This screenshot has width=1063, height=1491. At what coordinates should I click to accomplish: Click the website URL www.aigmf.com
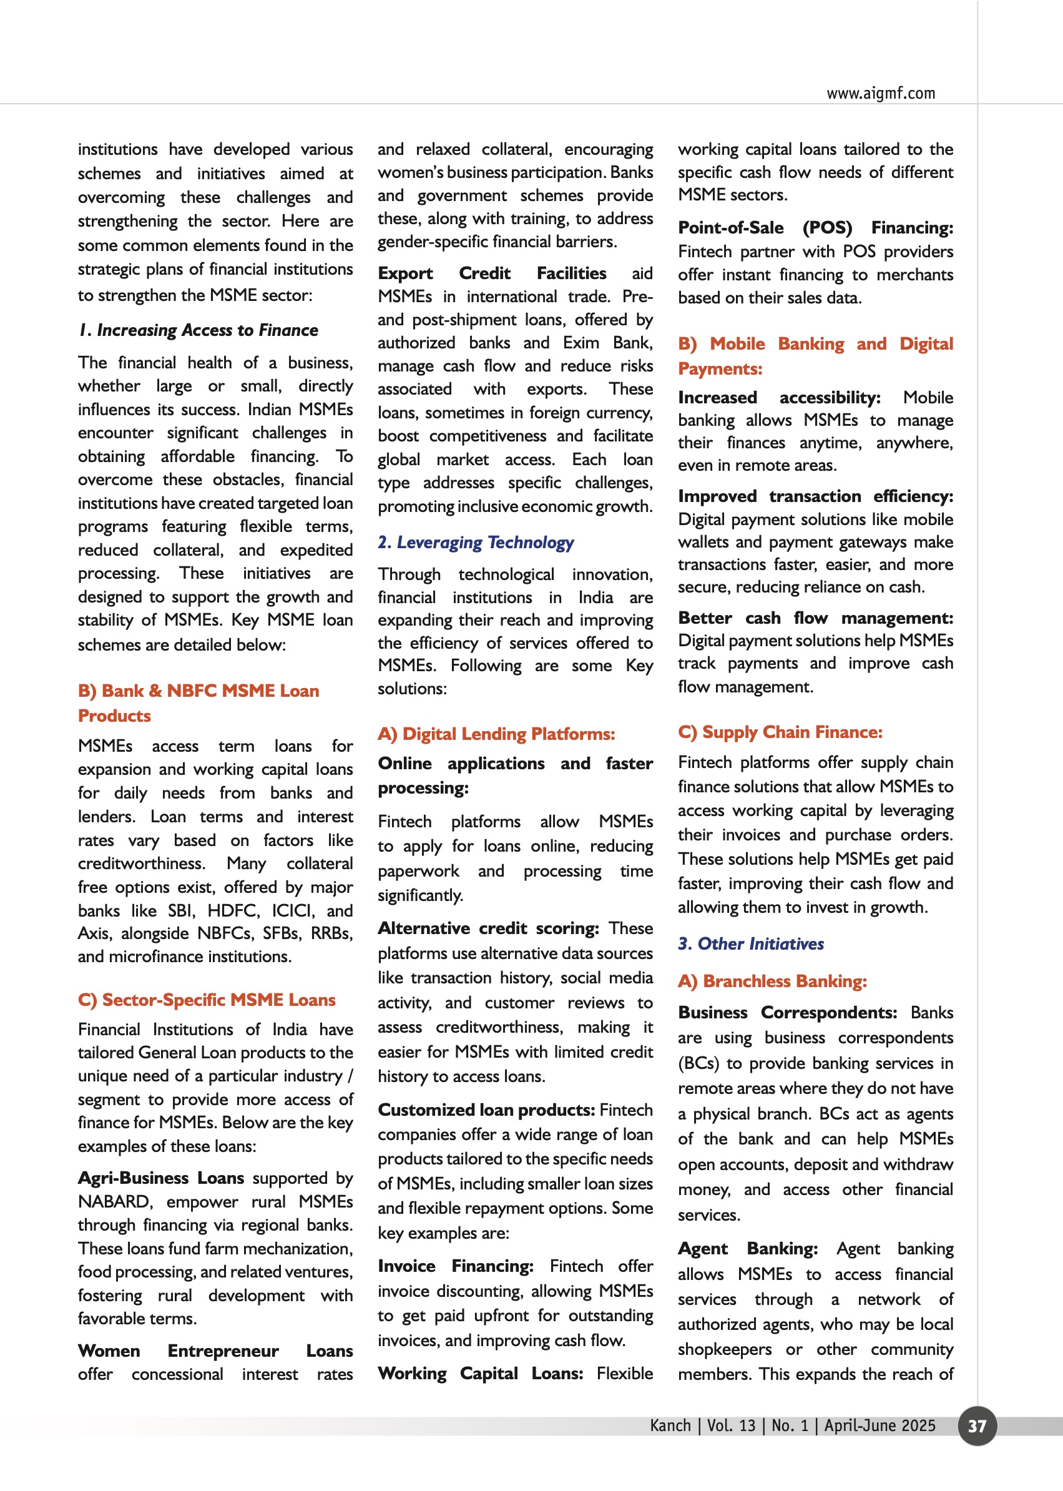[880, 93]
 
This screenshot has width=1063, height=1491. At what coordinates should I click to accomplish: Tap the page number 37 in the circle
[977, 1425]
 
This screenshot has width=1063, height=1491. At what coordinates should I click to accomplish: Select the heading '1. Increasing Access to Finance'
[198, 330]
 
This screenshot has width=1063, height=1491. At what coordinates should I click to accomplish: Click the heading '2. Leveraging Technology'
[476, 542]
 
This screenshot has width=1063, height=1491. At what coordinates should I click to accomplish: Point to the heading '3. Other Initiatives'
[751, 943]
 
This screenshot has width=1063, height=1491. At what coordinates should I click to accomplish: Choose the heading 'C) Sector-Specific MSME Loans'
[207, 999]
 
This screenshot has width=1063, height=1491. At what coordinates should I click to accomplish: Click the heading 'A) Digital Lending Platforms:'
[496, 734]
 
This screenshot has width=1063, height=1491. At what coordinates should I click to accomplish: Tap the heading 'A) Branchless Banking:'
[772, 981]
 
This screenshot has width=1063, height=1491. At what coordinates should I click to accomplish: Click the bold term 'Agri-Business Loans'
[161, 1178]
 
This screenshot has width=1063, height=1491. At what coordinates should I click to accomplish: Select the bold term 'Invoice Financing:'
[456, 1266]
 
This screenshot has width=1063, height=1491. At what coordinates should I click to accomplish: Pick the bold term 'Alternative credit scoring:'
[488, 928]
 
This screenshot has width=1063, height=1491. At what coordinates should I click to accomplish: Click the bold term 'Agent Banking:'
[748, 1248]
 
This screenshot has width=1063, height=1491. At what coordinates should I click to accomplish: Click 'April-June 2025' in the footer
[879, 1425]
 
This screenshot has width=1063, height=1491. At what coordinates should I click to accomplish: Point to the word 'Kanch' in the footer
[670, 1425]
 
